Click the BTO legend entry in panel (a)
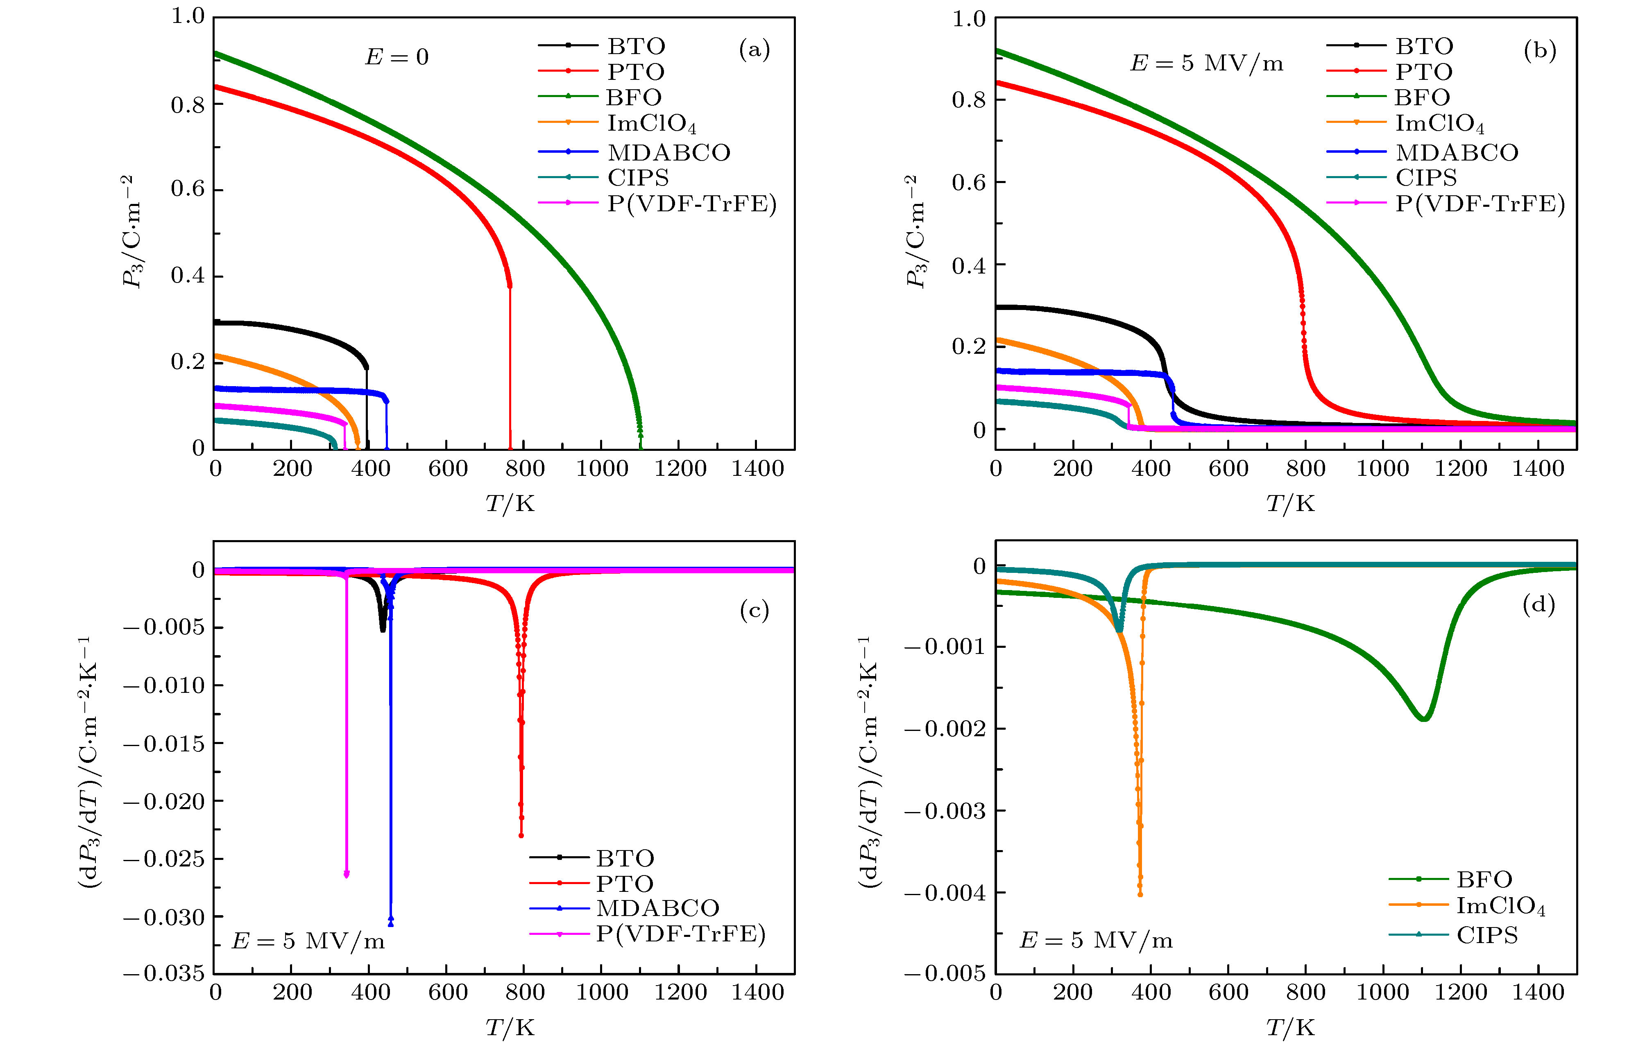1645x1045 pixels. pyautogui.click(x=635, y=46)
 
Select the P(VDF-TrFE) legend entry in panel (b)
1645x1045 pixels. pyautogui.click(x=1479, y=204)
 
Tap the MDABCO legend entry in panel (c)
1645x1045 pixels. pyautogui.click(x=657, y=908)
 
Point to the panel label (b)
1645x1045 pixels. pyautogui.click(x=1540, y=50)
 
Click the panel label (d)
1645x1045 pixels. pyautogui.click(x=1539, y=604)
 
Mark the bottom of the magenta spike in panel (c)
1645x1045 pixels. pyautogui.click(x=347, y=874)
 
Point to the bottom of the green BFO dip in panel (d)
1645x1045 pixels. pyautogui.click(x=1424, y=719)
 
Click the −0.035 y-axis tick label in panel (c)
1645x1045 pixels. pyautogui.click(x=164, y=973)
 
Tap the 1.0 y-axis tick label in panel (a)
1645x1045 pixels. pyautogui.click(x=187, y=16)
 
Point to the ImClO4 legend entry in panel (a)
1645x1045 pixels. pyautogui.click(x=651, y=124)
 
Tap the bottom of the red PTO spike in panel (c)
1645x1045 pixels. pyautogui.click(x=521, y=835)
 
